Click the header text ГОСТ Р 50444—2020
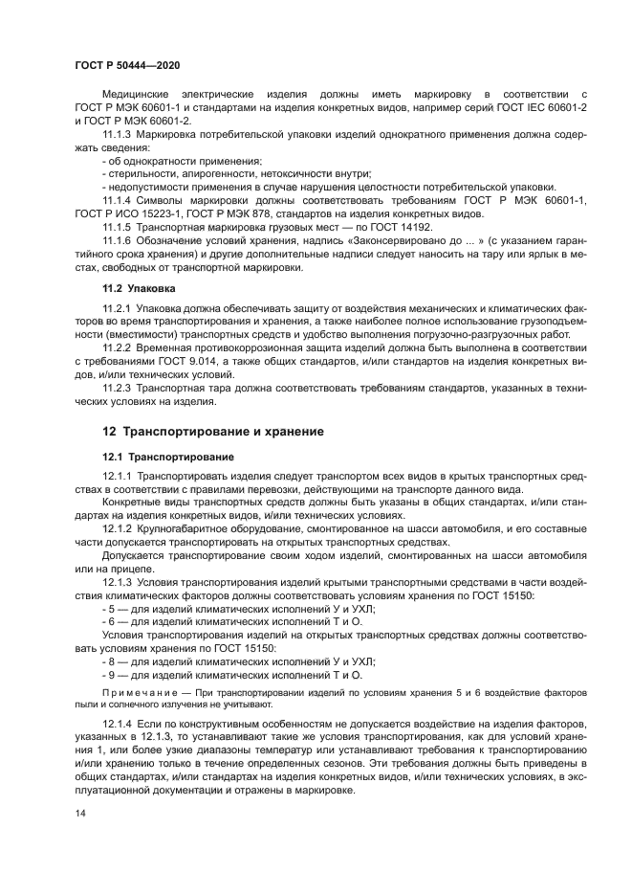126,63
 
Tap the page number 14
79,813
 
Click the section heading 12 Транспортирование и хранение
213,432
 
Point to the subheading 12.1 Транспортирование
162,457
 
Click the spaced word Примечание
136,690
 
